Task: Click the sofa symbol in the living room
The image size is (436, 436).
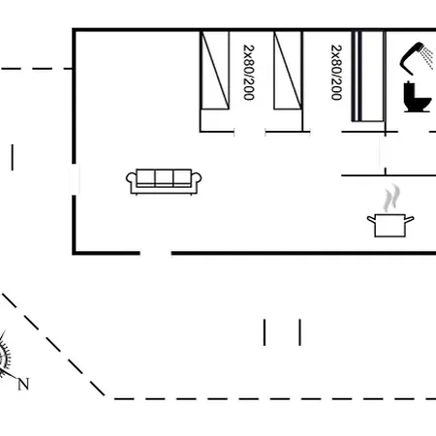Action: (x=164, y=182)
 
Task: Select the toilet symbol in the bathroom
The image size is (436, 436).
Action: (x=417, y=97)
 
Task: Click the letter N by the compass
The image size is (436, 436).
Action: (x=23, y=384)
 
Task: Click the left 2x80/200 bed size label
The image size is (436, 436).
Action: (x=249, y=73)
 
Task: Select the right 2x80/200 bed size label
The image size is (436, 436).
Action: (x=336, y=73)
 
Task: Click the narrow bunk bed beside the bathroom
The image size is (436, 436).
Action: (x=368, y=77)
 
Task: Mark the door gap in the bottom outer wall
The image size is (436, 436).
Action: (x=156, y=253)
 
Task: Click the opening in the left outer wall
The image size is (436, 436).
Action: (x=75, y=179)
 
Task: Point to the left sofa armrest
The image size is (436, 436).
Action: (x=131, y=179)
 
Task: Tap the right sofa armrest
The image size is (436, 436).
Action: (x=197, y=179)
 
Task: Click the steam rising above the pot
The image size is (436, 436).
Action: (x=391, y=198)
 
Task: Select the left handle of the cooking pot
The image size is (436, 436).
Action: (x=371, y=220)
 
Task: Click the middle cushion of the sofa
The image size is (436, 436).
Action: (x=164, y=178)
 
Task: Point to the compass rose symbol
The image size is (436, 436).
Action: (x=4, y=356)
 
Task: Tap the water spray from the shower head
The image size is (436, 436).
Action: (x=428, y=58)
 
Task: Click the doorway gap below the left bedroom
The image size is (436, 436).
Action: (x=250, y=132)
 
